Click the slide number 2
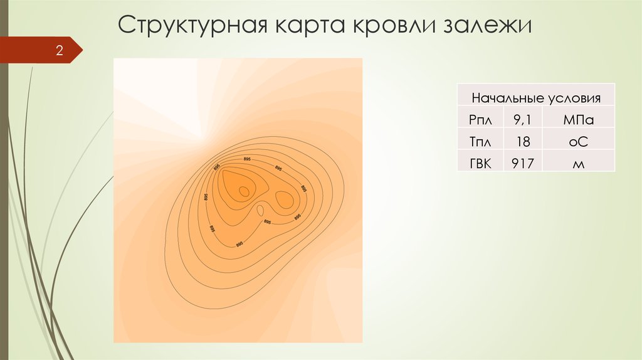pos(60,51)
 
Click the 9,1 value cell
pos(522,119)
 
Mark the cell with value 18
pos(522,142)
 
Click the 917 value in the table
pos(522,164)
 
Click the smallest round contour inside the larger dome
pos(243,190)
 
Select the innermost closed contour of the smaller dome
pos(283,200)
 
